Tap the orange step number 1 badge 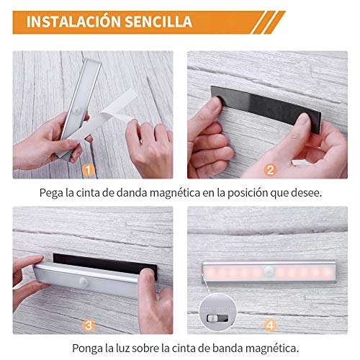[89, 170]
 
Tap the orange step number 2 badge [271, 170]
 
